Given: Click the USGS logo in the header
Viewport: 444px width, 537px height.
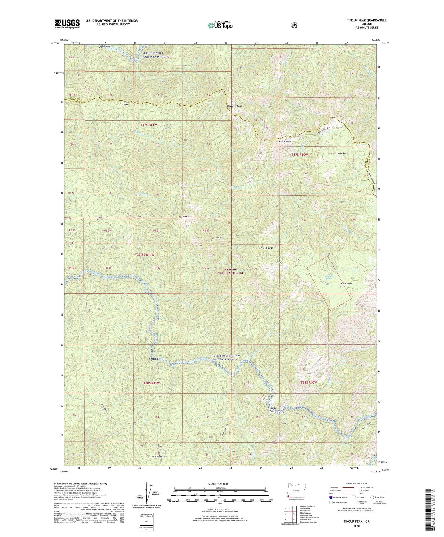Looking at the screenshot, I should pos(67,24).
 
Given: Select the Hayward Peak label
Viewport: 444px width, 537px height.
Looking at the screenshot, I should pos(234,106).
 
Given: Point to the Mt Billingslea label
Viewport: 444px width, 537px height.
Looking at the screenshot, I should pos(286,141).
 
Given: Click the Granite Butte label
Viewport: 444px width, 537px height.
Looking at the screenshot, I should pos(342,153).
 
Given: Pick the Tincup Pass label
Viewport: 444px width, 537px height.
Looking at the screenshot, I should pos(125,103).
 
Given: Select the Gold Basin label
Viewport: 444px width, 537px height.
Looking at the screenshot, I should pos(346,284).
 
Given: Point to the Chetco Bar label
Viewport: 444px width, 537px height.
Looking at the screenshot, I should pos(155,359).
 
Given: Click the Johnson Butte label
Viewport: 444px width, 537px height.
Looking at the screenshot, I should pos(158,456).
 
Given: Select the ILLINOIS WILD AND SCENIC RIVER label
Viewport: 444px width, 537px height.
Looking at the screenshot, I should pos(156,55).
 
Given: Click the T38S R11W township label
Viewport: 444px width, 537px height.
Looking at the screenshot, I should pos(152,383).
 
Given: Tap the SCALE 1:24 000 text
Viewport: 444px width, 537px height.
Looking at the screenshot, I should pos(218,484).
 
